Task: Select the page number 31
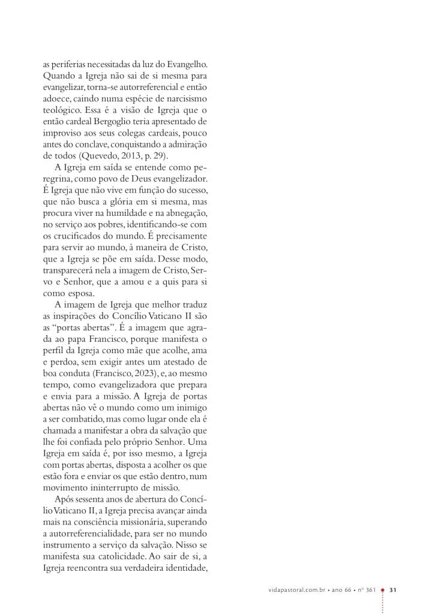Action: [394, 590]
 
